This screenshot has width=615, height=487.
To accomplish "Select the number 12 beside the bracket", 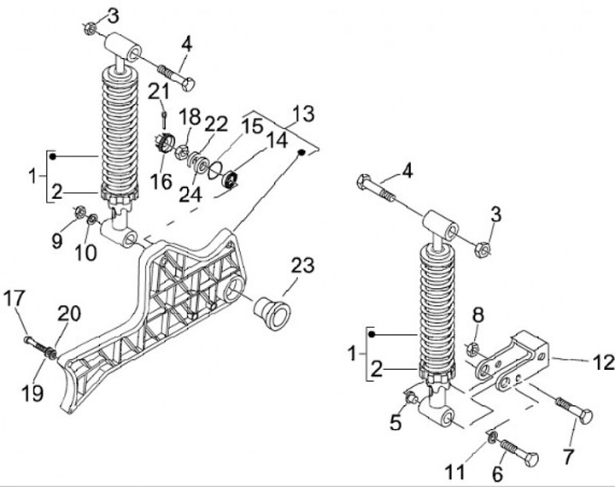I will click(604, 362).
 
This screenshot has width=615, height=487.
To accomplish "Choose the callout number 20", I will click(69, 314).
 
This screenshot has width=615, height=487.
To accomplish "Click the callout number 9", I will click(57, 241).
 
